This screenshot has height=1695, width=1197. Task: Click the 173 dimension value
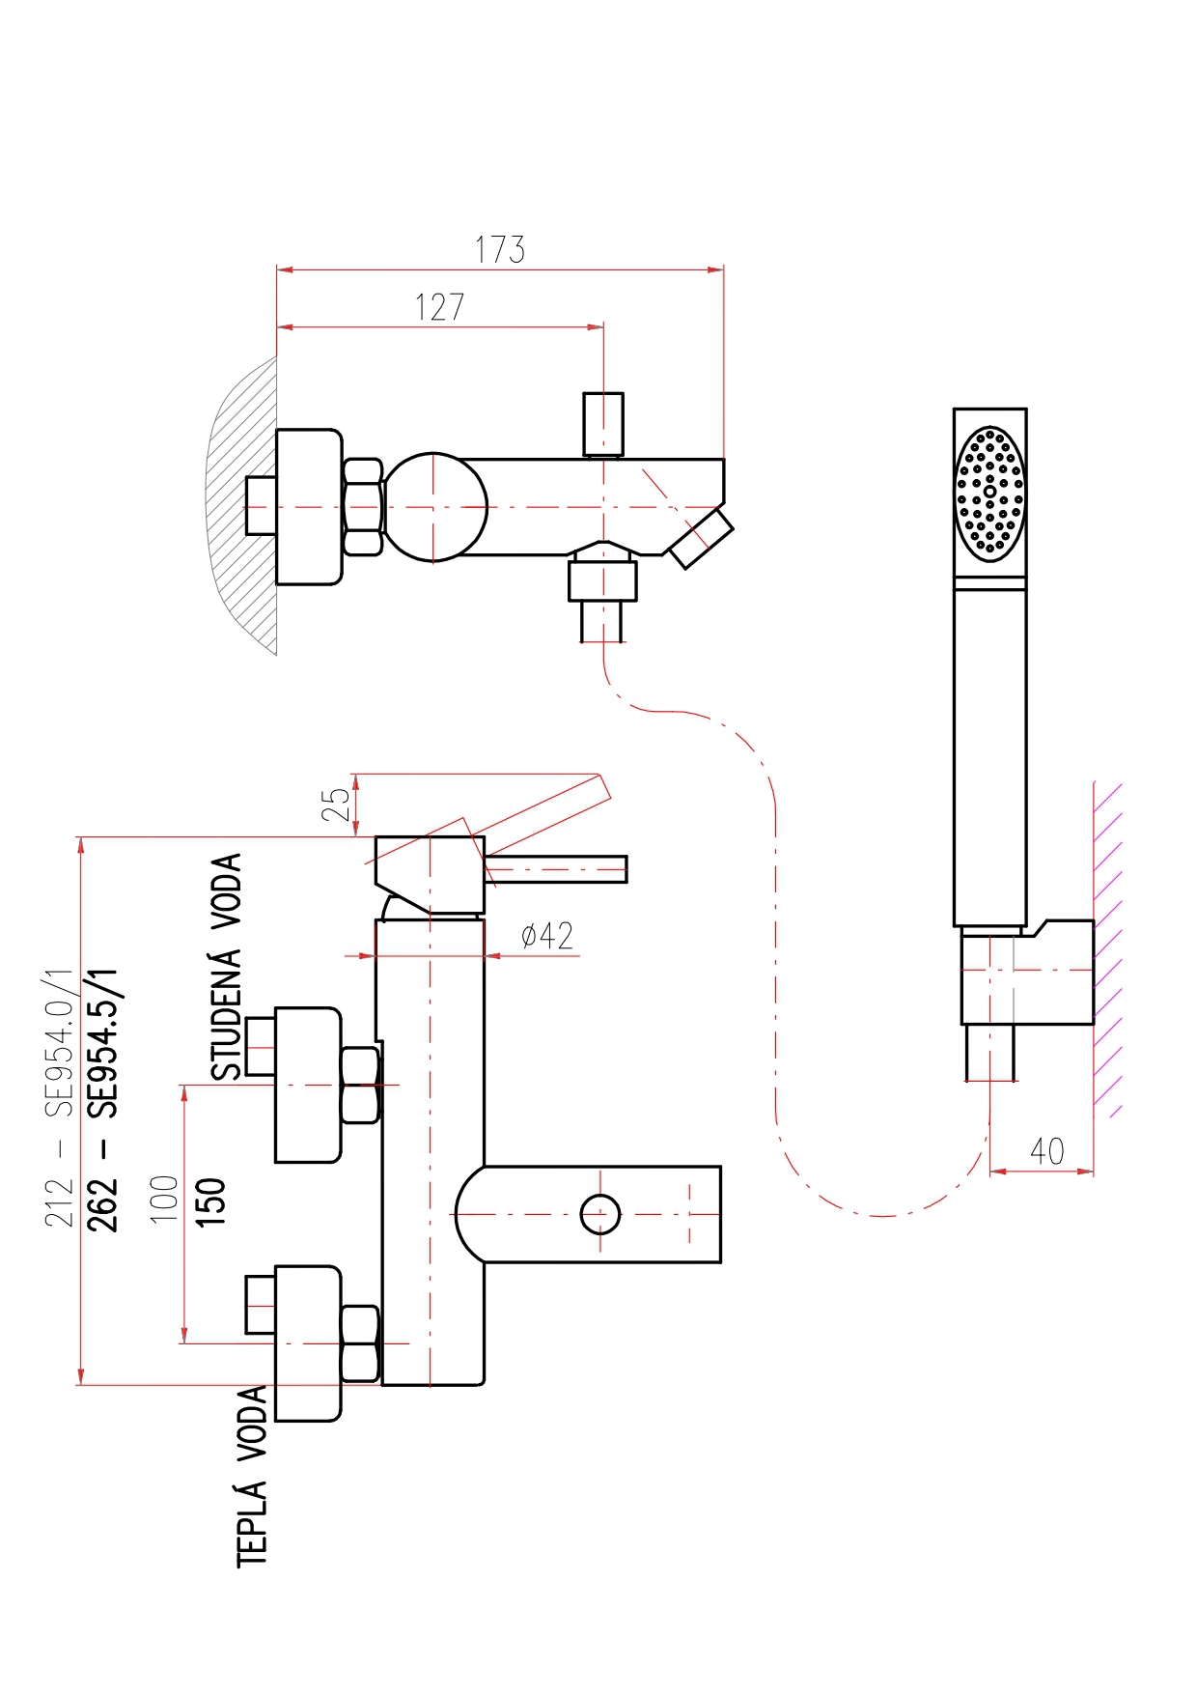pos(500,249)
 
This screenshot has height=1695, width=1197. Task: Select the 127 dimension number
pos(440,307)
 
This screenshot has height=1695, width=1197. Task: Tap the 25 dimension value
pos(336,804)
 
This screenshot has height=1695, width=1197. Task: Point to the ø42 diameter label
pos(546,935)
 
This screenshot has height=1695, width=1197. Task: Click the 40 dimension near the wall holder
pos(1047,1150)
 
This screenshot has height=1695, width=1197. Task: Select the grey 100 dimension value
pos(165,1199)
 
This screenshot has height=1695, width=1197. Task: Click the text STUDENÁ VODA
pos(227,967)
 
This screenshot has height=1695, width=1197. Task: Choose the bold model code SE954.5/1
pos(103,1043)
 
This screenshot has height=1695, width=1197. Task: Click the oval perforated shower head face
pos(990,494)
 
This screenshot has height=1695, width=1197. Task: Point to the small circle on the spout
pos(600,1214)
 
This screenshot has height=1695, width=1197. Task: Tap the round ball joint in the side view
pos(434,507)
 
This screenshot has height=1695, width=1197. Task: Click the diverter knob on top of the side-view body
pos(603,424)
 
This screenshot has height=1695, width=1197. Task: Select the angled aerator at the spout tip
pos(702,539)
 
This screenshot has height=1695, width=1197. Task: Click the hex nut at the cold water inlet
pos(361,1086)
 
